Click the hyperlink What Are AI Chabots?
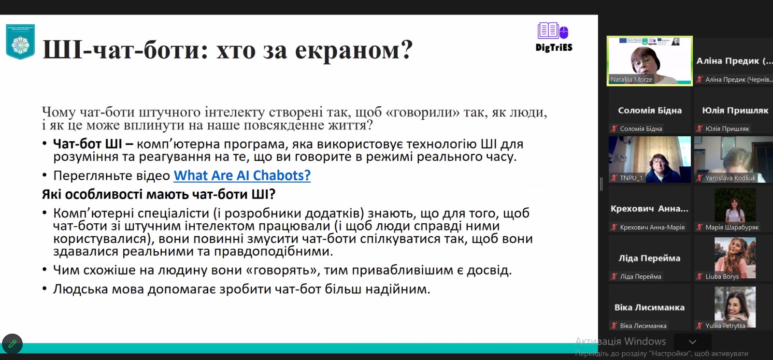click(242, 175)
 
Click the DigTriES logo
click(554, 37)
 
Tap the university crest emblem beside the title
click(20, 42)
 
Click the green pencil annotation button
click(13, 344)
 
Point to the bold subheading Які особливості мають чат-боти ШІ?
click(159, 195)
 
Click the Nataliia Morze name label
click(631, 79)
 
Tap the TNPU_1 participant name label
click(631, 178)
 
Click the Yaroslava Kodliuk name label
click(730, 178)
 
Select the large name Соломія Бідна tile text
click(650, 111)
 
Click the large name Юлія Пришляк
click(735, 111)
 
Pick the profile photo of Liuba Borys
click(735, 258)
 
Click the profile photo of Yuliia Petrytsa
click(735, 307)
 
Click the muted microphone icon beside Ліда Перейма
click(614, 276)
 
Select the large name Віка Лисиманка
click(649, 307)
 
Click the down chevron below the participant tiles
click(692, 342)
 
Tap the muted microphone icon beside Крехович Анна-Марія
click(614, 227)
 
